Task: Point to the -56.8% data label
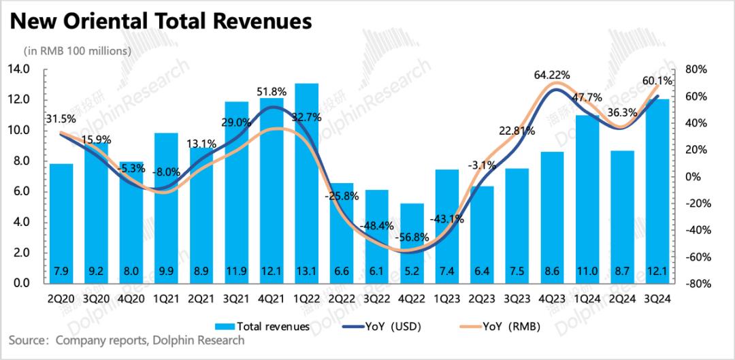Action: [412, 238]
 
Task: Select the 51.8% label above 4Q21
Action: [272, 91]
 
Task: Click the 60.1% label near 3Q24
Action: [657, 81]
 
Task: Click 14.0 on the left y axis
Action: [18, 69]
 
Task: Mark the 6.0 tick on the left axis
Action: [20, 192]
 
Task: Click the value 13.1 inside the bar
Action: [307, 271]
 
